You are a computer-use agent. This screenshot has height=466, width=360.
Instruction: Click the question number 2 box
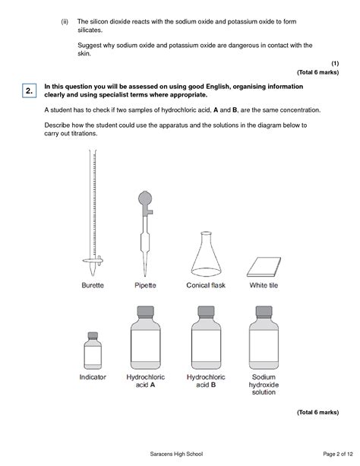coord(28,92)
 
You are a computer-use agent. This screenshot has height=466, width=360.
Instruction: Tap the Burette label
coord(93,286)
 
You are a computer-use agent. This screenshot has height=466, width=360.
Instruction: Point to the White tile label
coord(264,286)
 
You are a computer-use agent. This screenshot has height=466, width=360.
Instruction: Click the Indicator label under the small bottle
coord(93,376)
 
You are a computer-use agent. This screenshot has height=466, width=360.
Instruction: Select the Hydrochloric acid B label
coord(203,380)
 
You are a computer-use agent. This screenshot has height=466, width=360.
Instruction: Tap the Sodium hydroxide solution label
coord(264,384)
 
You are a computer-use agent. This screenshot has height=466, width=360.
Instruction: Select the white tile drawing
coord(263,266)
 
